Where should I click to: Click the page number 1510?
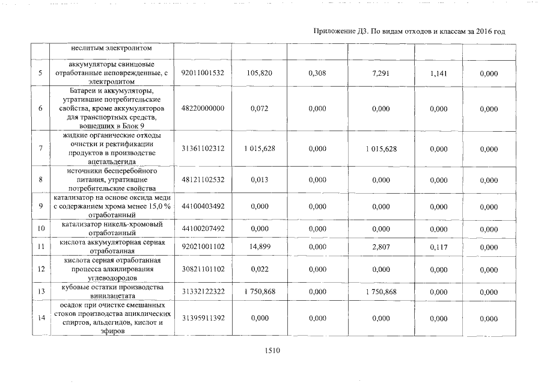coord(272,350)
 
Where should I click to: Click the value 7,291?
coord(381,73)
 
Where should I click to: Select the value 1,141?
coord(439,73)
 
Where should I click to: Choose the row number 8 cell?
coord(40,180)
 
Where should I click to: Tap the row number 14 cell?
coord(40,318)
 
